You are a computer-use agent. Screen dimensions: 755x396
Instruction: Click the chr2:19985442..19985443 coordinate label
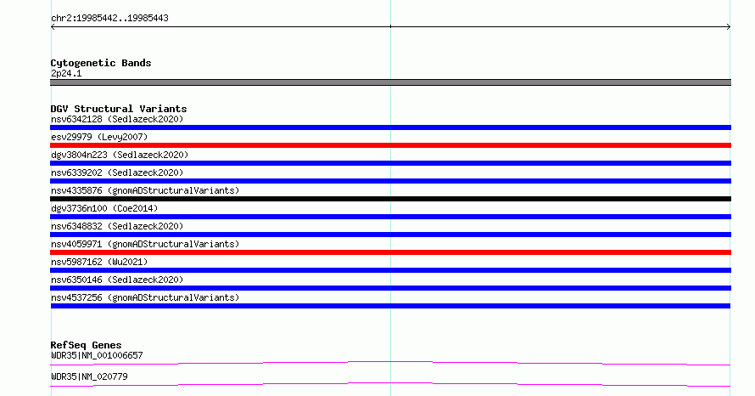point(109,19)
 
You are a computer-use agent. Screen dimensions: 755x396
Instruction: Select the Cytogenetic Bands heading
point(101,63)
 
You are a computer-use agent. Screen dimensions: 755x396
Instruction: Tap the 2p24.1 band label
point(66,73)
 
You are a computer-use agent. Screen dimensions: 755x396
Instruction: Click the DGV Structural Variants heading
point(119,109)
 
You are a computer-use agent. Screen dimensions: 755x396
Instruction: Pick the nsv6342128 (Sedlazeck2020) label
point(117,119)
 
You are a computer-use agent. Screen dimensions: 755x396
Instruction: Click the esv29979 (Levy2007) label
point(99,137)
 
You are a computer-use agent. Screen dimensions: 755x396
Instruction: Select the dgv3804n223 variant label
point(120,155)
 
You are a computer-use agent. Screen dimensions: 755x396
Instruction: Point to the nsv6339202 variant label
point(117,173)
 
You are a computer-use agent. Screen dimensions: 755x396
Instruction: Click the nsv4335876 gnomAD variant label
point(145,190)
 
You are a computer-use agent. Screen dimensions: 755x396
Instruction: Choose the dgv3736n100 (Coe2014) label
point(104,208)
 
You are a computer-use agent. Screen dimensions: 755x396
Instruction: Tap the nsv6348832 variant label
point(117,226)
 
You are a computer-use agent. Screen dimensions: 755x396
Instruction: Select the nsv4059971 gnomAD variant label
point(145,244)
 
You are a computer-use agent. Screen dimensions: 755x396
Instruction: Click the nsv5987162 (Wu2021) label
point(99,262)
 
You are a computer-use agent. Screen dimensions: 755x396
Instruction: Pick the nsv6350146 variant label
point(117,280)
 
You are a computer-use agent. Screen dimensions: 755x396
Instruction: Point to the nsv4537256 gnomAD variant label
point(145,297)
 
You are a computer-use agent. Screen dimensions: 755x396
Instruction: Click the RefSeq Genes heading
point(86,345)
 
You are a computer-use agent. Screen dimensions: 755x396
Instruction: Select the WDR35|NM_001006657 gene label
point(97,355)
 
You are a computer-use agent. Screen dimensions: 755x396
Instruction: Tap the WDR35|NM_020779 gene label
point(89,376)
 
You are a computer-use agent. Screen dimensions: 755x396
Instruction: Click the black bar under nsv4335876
point(390,199)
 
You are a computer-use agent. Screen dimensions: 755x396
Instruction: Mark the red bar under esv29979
point(390,145)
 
